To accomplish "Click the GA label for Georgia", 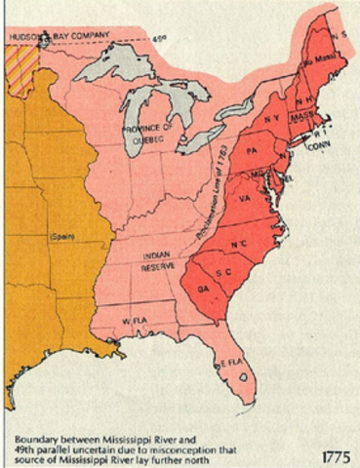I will [x=202, y=290].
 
